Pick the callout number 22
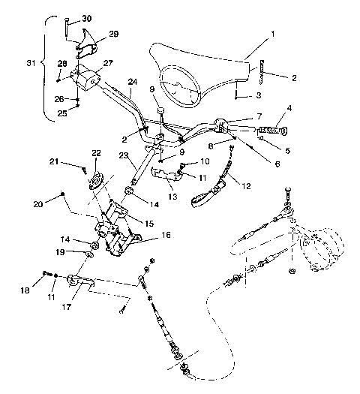95,153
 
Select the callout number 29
114,35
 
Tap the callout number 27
108,63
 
